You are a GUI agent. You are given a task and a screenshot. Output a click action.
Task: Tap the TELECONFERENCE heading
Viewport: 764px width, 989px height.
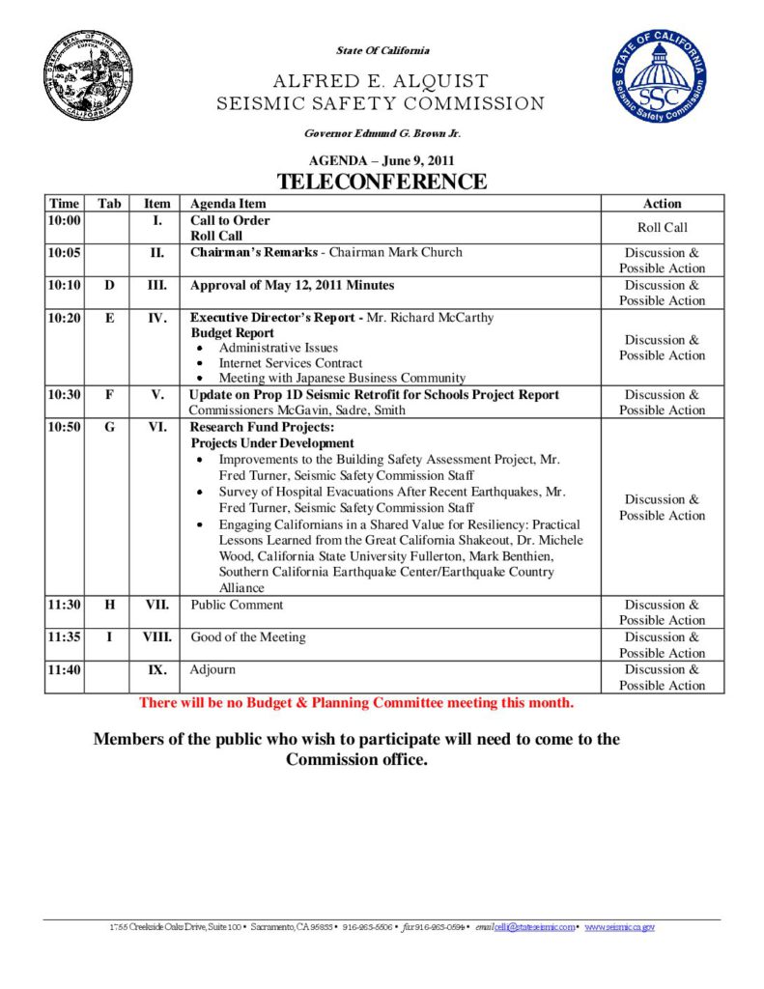382,182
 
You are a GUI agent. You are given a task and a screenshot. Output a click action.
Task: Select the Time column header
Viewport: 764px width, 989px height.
64,204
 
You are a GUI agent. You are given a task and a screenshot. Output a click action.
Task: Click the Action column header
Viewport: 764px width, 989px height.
662,204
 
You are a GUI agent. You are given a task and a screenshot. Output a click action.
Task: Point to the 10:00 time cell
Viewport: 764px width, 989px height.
64,220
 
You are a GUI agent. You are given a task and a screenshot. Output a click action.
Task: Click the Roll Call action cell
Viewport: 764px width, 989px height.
662,228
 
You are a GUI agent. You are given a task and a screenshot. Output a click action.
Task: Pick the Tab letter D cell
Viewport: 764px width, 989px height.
109,285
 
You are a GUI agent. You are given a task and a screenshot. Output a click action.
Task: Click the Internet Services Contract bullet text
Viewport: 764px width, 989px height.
291,363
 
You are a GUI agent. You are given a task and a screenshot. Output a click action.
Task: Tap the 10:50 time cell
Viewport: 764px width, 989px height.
64,426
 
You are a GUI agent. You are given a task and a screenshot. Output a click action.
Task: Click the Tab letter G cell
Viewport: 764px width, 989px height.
109,426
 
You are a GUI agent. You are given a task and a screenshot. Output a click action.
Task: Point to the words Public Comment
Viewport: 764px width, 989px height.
237,605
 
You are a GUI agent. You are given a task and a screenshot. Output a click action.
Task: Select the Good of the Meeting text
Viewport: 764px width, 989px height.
248,637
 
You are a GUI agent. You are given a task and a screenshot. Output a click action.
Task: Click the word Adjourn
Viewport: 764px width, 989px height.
212,669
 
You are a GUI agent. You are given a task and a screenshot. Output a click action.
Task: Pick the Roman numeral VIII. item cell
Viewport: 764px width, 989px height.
156,637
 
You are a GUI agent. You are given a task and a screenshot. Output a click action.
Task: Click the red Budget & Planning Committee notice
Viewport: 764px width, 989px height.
356,703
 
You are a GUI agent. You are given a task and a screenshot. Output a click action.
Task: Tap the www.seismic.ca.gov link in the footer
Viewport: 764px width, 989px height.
619,927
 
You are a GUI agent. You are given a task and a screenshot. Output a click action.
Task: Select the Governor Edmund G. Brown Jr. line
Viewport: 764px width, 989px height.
382,132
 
